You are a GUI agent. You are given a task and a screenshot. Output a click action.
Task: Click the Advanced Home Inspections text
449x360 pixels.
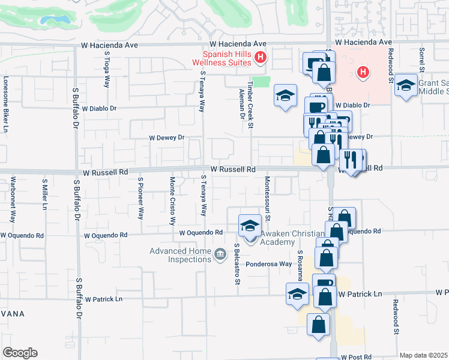(x=180, y=255)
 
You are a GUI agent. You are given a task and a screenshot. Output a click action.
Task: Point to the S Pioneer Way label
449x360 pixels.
(x=141, y=198)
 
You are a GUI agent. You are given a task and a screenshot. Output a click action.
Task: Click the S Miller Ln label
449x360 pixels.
(x=44, y=194)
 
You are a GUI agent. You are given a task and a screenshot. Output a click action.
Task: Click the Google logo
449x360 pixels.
(x=20, y=352)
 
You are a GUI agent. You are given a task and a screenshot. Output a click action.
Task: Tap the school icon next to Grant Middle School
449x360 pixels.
(x=406, y=85)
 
